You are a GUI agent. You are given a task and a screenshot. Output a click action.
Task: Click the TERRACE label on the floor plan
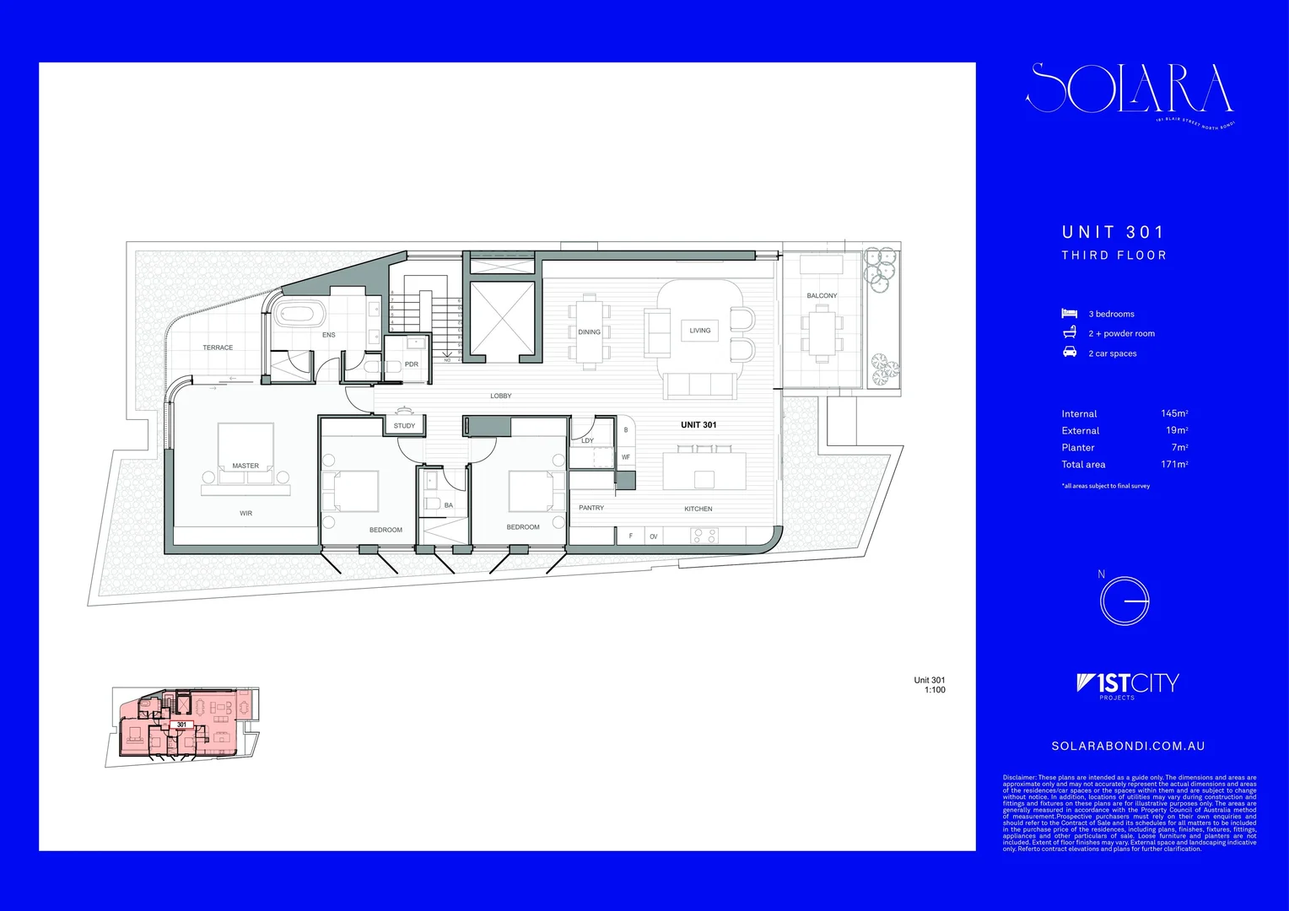(x=218, y=348)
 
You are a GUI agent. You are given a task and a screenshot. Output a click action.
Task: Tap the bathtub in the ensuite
(x=299, y=314)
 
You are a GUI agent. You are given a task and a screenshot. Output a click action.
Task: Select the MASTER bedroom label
(x=245, y=466)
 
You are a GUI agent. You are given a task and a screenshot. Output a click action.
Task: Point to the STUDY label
(x=404, y=426)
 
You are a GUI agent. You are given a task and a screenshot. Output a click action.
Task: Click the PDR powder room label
(x=412, y=364)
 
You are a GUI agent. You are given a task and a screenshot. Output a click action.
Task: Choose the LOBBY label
(x=501, y=396)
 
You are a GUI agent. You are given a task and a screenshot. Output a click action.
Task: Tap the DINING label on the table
(x=589, y=332)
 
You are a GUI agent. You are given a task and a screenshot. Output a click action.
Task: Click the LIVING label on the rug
(x=700, y=331)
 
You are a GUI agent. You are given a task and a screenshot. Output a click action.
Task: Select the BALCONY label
(x=822, y=296)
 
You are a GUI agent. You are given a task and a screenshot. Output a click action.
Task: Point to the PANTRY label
(x=591, y=508)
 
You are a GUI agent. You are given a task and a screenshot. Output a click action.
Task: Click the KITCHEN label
(x=698, y=509)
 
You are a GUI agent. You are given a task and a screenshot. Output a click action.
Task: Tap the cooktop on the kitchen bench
(x=704, y=535)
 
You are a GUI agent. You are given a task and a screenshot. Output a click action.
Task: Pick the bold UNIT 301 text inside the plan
(x=698, y=425)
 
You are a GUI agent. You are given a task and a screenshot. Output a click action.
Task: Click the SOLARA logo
(x=1130, y=89)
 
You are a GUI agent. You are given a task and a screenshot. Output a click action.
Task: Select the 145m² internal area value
(x=1174, y=413)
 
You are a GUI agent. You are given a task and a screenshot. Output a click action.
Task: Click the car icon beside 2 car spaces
(x=1070, y=352)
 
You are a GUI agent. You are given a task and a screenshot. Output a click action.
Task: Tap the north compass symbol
(x=1125, y=601)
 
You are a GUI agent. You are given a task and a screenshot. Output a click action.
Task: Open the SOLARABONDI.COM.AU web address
(x=1128, y=746)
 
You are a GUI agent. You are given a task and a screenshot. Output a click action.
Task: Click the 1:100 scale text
(x=935, y=690)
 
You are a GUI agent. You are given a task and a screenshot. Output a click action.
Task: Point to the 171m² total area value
(x=1174, y=464)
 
